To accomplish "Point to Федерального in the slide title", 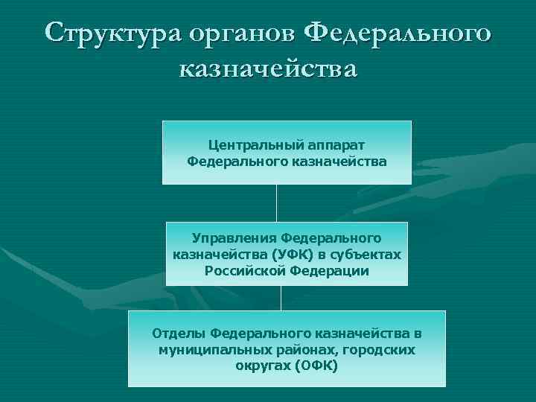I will click(x=398, y=33).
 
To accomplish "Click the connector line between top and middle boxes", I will click(x=276, y=202).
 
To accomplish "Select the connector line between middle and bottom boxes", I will click(x=281, y=298).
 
